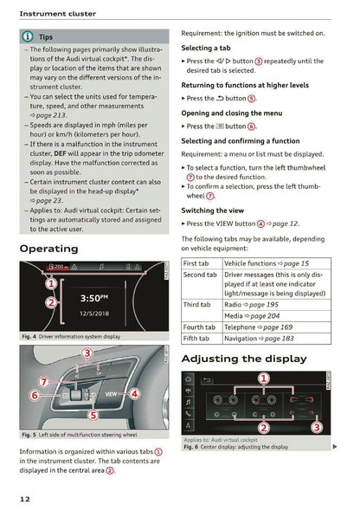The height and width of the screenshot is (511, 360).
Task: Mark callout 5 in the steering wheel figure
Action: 93,414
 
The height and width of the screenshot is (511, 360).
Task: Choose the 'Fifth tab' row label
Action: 197,339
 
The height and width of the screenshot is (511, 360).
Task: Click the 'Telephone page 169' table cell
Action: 258,327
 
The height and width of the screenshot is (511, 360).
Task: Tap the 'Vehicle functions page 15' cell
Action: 266,262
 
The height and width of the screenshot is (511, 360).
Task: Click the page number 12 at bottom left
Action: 27,499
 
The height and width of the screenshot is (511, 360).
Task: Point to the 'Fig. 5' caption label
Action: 29,435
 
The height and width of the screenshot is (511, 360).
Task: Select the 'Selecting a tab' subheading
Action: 206,48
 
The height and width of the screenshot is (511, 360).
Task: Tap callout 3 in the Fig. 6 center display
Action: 317,427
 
